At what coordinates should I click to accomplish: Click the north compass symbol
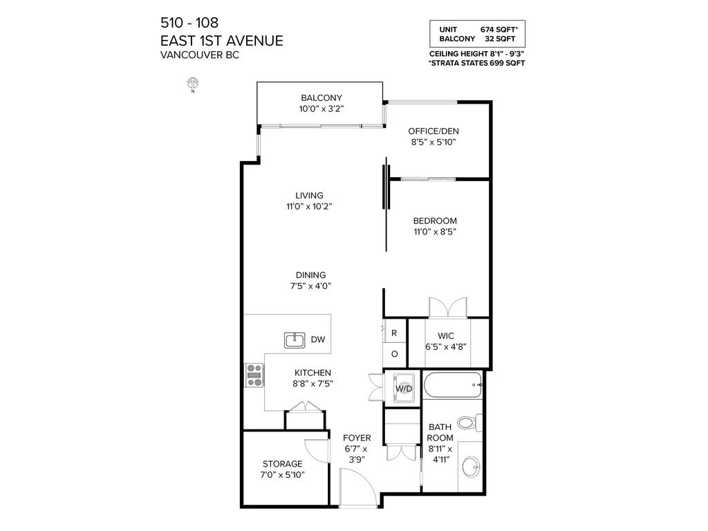tap(193, 84)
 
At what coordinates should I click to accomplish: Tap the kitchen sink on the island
tap(295, 339)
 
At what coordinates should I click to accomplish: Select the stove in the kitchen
tap(254, 374)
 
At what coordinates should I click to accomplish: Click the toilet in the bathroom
tap(469, 421)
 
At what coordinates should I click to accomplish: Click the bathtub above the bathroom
tap(452, 384)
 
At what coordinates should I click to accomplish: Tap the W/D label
tap(403, 389)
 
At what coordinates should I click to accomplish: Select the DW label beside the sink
tap(317, 339)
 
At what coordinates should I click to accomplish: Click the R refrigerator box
tap(394, 333)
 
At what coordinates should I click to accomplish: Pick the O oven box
tap(394, 354)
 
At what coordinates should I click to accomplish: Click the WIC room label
tap(435, 335)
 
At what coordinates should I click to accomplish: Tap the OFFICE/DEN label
tap(434, 131)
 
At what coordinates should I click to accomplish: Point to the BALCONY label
tap(322, 97)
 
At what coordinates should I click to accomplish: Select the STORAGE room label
tap(282, 463)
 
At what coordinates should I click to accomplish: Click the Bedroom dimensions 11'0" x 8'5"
tap(435, 232)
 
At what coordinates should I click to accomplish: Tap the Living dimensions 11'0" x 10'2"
tap(309, 206)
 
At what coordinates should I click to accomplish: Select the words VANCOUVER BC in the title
tap(200, 55)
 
